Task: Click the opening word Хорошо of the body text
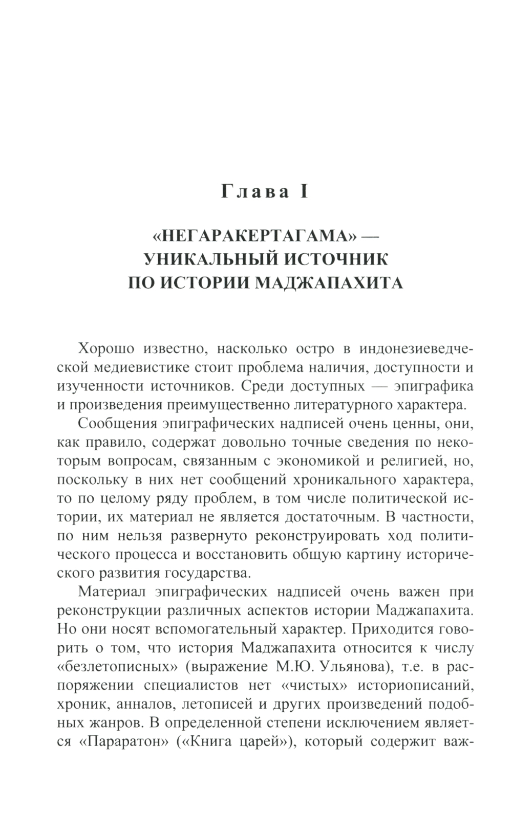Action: (x=106, y=349)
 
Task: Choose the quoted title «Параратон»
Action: (x=120, y=741)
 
